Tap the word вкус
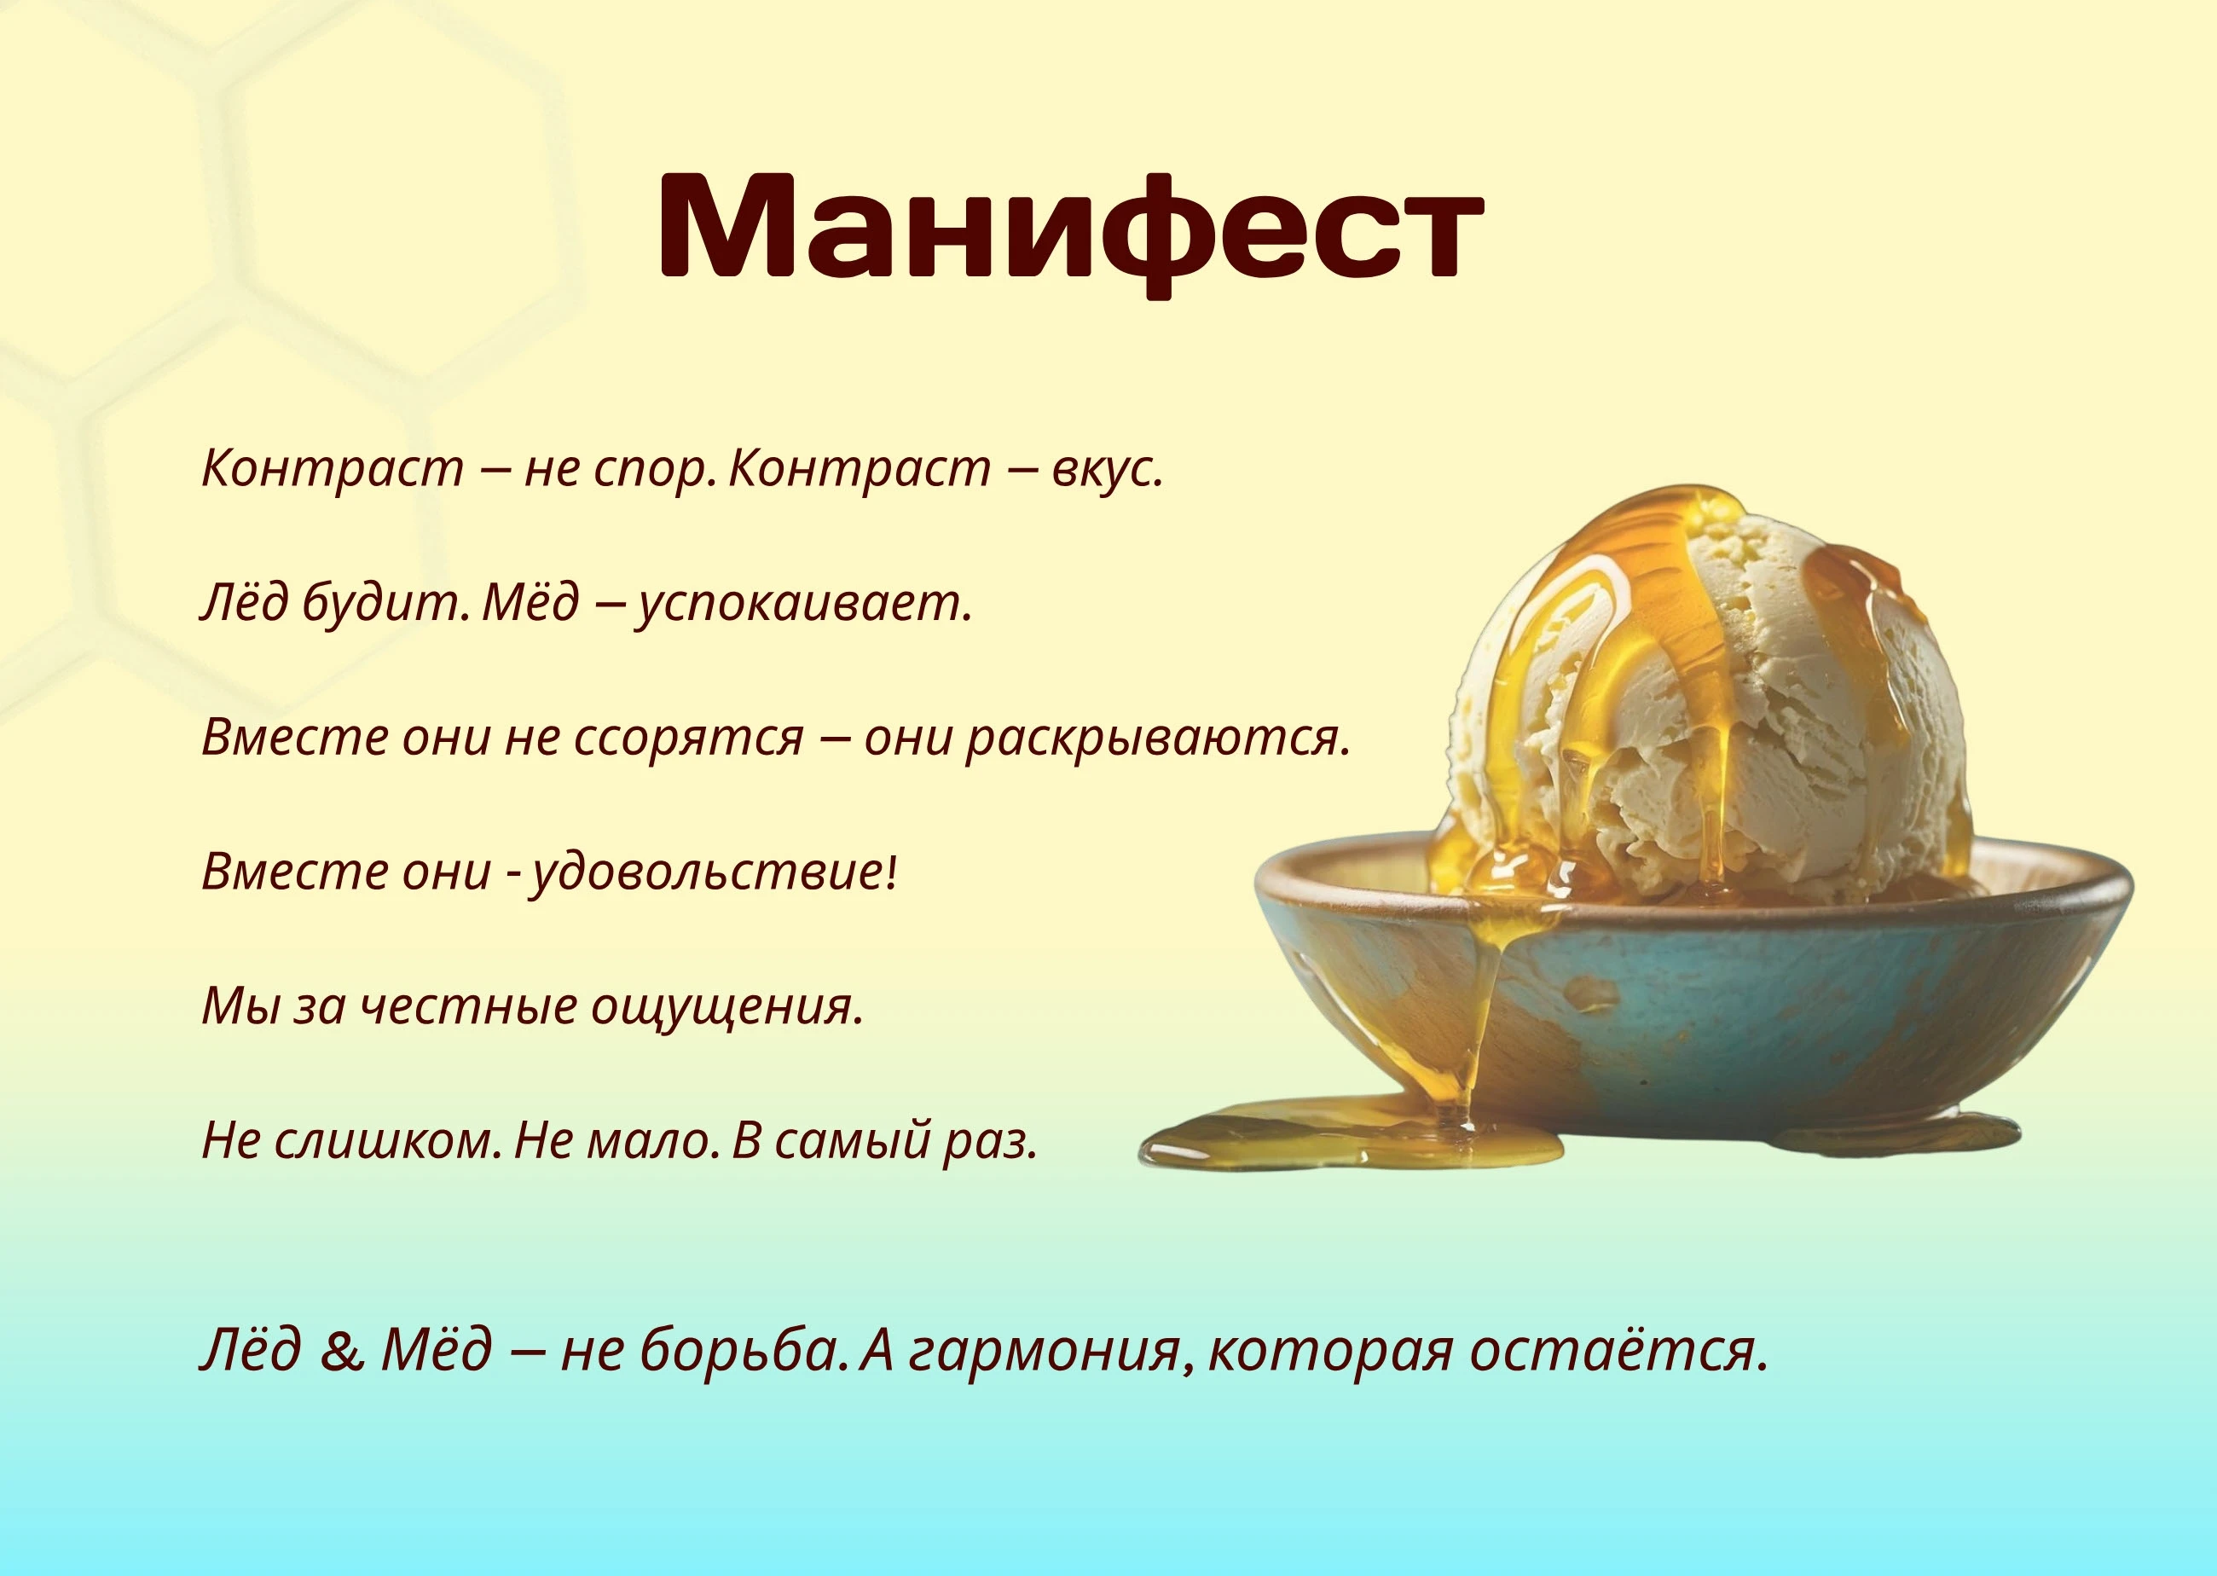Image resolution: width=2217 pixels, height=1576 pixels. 1107,469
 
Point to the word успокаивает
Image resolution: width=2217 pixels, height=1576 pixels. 804,605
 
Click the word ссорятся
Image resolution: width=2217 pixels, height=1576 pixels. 689,739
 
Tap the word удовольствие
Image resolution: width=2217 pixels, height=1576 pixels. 706,872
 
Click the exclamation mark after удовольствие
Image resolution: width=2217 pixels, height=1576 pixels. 892,871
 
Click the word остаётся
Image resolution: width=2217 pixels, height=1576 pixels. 1618,1350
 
